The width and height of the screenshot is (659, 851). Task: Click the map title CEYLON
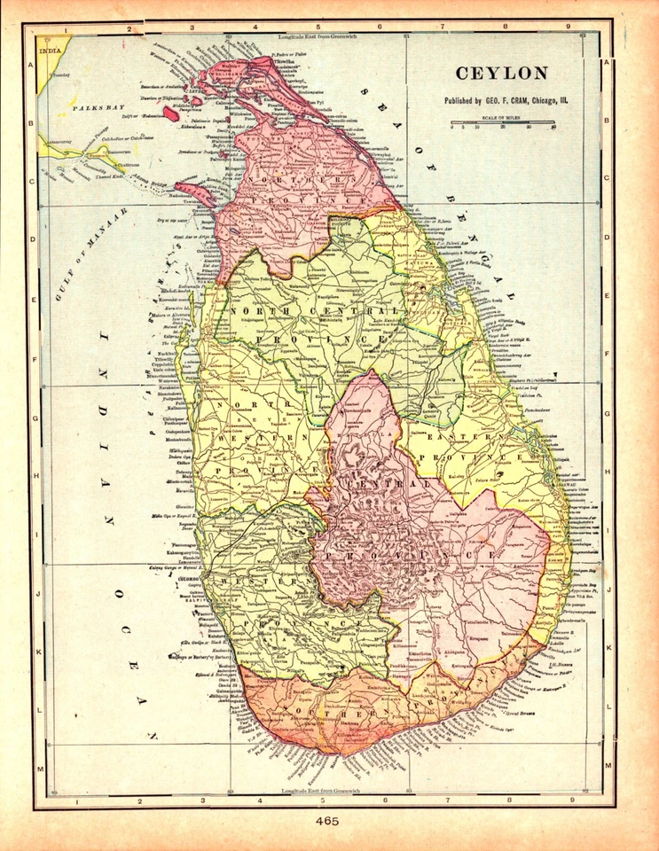pos(501,74)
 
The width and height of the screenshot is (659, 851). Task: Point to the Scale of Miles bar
pos(502,122)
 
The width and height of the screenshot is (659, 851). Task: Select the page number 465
pos(328,822)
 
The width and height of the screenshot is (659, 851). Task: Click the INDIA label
pos(51,51)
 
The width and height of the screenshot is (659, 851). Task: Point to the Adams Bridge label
pos(159,183)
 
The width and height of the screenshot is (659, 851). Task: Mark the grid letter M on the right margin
pos(608,764)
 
